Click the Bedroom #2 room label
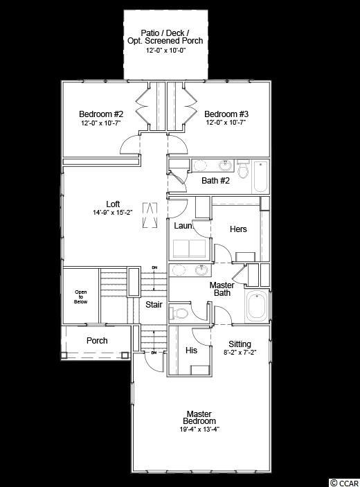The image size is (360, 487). (x=101, y=114)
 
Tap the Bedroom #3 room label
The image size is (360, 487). (x=226, y=114)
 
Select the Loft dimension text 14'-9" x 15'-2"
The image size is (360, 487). (x=113, y=213)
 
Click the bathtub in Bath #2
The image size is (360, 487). (x=260, y=177)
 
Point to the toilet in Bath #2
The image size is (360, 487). (x=243, y=168)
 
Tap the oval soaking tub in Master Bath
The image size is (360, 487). (x=258, y=306)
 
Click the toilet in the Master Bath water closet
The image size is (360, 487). (x=179, y=313)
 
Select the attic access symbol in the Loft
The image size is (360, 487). (x=150, y=215)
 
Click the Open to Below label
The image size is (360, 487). (x=81, y=296)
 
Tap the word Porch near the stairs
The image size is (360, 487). (x=97, y=341)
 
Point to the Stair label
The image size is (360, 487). (x=154, y=304)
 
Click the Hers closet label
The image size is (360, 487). (x=238, y=229)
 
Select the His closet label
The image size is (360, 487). (x=191, y=351)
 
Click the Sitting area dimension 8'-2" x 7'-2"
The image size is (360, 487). (x=240, y=353)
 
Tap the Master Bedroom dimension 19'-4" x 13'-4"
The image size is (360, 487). (x=199, y=430)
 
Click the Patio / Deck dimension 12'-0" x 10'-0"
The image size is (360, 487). (x=165, y=51)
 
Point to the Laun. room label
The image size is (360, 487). (x=183, y=226)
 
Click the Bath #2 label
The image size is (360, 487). (x=215, y=180)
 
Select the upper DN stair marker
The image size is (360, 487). (x=154, y=267)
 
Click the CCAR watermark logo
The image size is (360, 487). (x=345, y=483)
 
